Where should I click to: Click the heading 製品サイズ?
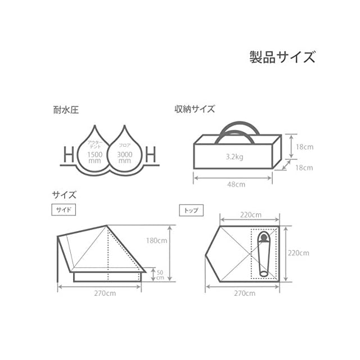pos(282,57)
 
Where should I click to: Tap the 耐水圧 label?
pos(62,110)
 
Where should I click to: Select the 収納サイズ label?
pos(194,109)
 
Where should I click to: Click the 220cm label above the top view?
pos(250,214)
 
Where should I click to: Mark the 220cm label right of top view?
pos(298,253)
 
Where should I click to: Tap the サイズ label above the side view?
pos(64,195)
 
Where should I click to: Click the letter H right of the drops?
pos(151,152)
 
